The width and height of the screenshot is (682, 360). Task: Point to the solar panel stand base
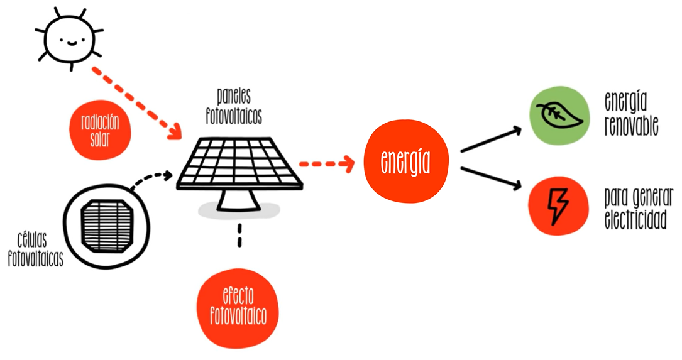coord(239,202)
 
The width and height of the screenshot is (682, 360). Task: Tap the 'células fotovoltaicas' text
coord(36,250)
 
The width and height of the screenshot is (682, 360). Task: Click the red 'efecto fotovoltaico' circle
coord(238,308)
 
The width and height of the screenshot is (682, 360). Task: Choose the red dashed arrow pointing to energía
coord(326,164)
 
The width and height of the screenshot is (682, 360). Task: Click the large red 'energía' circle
coord(405,162)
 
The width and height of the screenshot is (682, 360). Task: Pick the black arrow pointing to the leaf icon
coord(492,139)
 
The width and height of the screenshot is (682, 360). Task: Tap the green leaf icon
coord(558,113)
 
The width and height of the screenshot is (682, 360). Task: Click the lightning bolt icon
coord(558,205)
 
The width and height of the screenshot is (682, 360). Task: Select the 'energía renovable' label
coord(631,114)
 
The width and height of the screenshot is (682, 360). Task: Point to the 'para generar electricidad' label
coord(637,209)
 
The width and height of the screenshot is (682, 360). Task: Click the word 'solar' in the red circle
coord(100,139)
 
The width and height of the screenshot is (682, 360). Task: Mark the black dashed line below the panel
coord(239,235)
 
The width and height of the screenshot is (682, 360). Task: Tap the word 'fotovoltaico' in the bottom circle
coord(238,316)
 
